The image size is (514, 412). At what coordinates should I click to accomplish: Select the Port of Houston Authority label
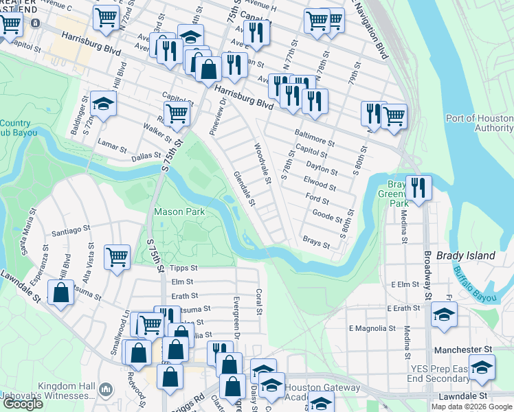(x=479, y=123)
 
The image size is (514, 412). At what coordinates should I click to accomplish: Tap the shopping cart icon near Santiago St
(x=118, y=257)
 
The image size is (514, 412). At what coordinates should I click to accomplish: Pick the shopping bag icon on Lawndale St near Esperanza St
(x=61, y=291)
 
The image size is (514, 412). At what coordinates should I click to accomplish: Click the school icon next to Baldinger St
(x=103, y=104)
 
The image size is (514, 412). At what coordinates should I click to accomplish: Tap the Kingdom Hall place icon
(x=105, y=390)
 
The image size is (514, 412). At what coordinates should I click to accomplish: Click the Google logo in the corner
(x=23, y=404)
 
